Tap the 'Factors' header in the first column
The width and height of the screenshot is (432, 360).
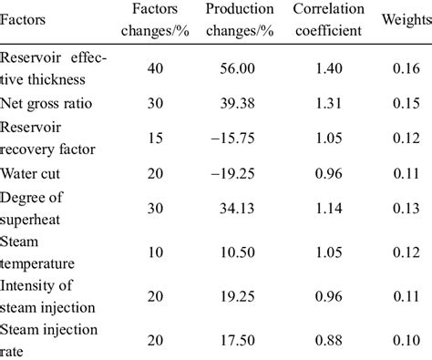[x=25, y=18]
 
